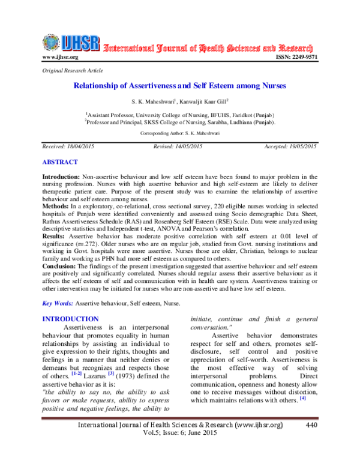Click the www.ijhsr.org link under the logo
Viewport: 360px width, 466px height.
(x=60, y=57)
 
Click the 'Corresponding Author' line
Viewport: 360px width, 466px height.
(x=179, y=133)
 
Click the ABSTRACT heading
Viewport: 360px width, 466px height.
(x=60, y=162)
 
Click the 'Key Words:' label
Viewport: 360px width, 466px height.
(x=58, y=305)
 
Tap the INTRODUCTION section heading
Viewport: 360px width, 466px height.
(x=71, y=319)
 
